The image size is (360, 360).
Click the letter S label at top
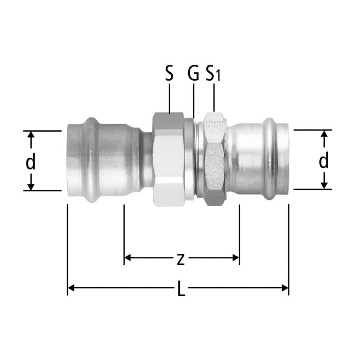tap(169, 74)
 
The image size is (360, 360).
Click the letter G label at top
tap(193, 74)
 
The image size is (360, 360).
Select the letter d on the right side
tap(324, 161)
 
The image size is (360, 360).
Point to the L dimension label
tap(181, 289)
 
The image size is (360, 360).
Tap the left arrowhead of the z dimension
tap(127, 257)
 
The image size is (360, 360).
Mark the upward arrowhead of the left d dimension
tap(31, 134)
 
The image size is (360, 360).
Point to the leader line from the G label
tap(193, 101)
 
